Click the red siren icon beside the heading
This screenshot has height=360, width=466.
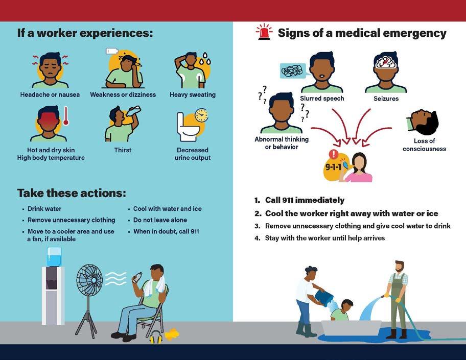(x=264, y=33)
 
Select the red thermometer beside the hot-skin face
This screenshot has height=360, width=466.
(x=65, y=116)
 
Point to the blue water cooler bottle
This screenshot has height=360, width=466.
(x=54, y=256)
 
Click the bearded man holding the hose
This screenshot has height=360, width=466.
(x=398, y=299)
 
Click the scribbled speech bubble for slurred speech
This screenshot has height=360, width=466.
(x=293, y=70)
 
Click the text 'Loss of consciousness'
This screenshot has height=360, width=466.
(x=424, y=145)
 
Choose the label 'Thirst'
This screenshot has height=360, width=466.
(x=123, y=150)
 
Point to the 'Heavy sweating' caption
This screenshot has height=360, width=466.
(x=193, y=94)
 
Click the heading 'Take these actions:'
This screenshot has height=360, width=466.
(x=71, y=193)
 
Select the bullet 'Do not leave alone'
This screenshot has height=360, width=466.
(x=160, y=220)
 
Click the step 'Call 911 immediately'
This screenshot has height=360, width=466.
(x=305, y=200)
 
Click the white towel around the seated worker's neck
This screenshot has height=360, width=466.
(x=153, y=289)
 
